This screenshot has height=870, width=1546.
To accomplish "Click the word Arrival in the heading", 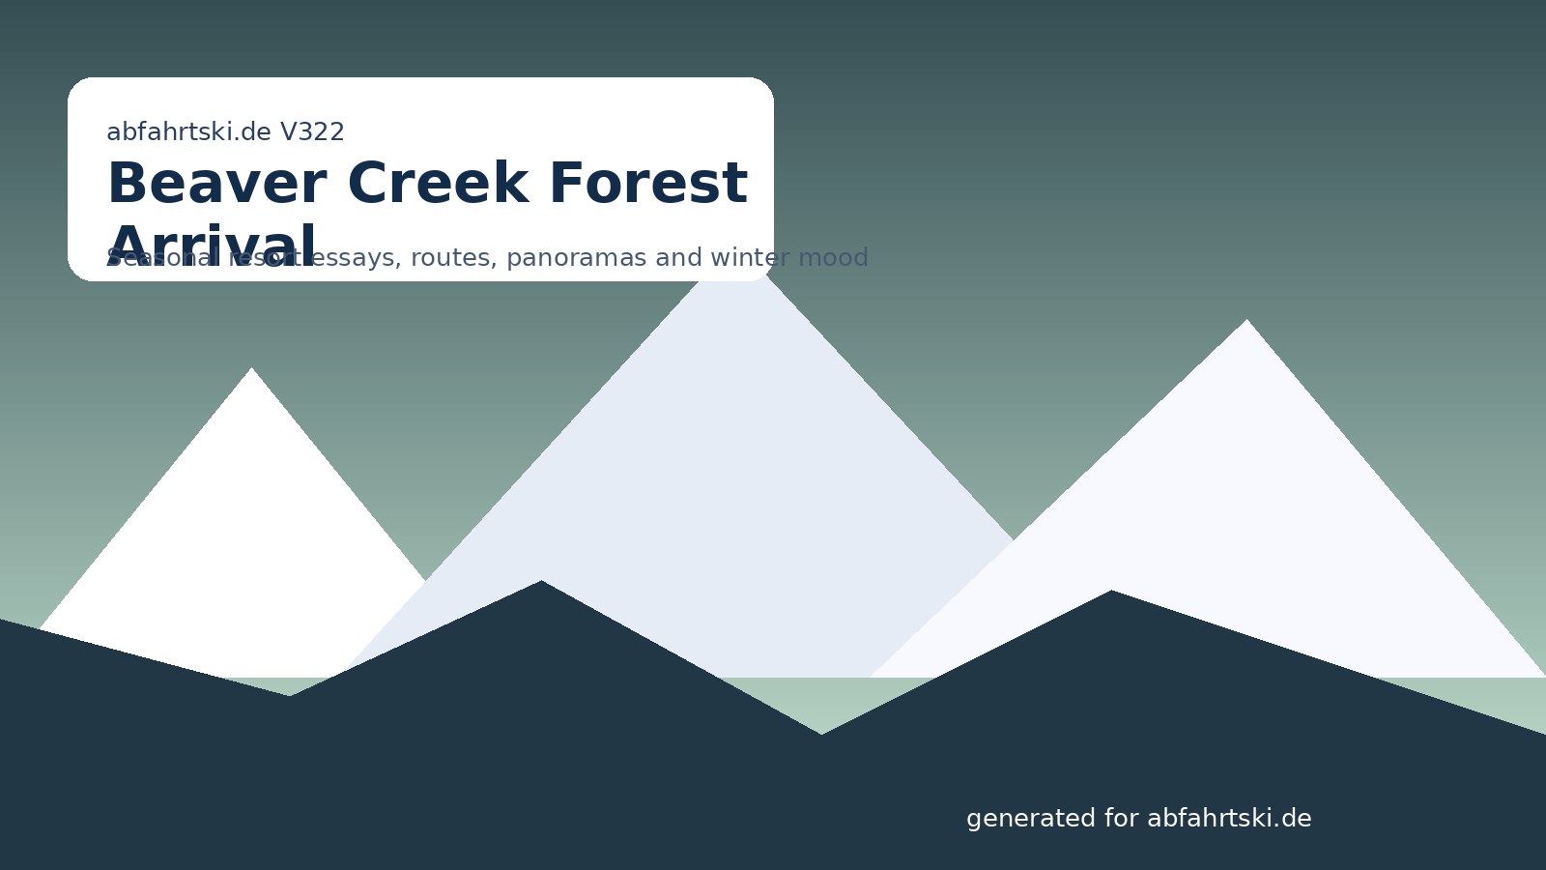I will pos(212,247).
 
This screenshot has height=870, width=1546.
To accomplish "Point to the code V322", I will pos(312,131).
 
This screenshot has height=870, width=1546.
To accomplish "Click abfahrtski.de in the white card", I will pos(188,131).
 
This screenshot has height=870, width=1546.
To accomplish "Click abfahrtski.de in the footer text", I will pos(1229,819).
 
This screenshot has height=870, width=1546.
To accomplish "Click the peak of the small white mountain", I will pos(252,370).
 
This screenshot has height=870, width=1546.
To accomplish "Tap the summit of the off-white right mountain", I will pos(1246,322).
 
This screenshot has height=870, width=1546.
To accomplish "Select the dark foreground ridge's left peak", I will pos(541,583).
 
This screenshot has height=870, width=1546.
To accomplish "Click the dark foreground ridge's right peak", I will pos(1111,593).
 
